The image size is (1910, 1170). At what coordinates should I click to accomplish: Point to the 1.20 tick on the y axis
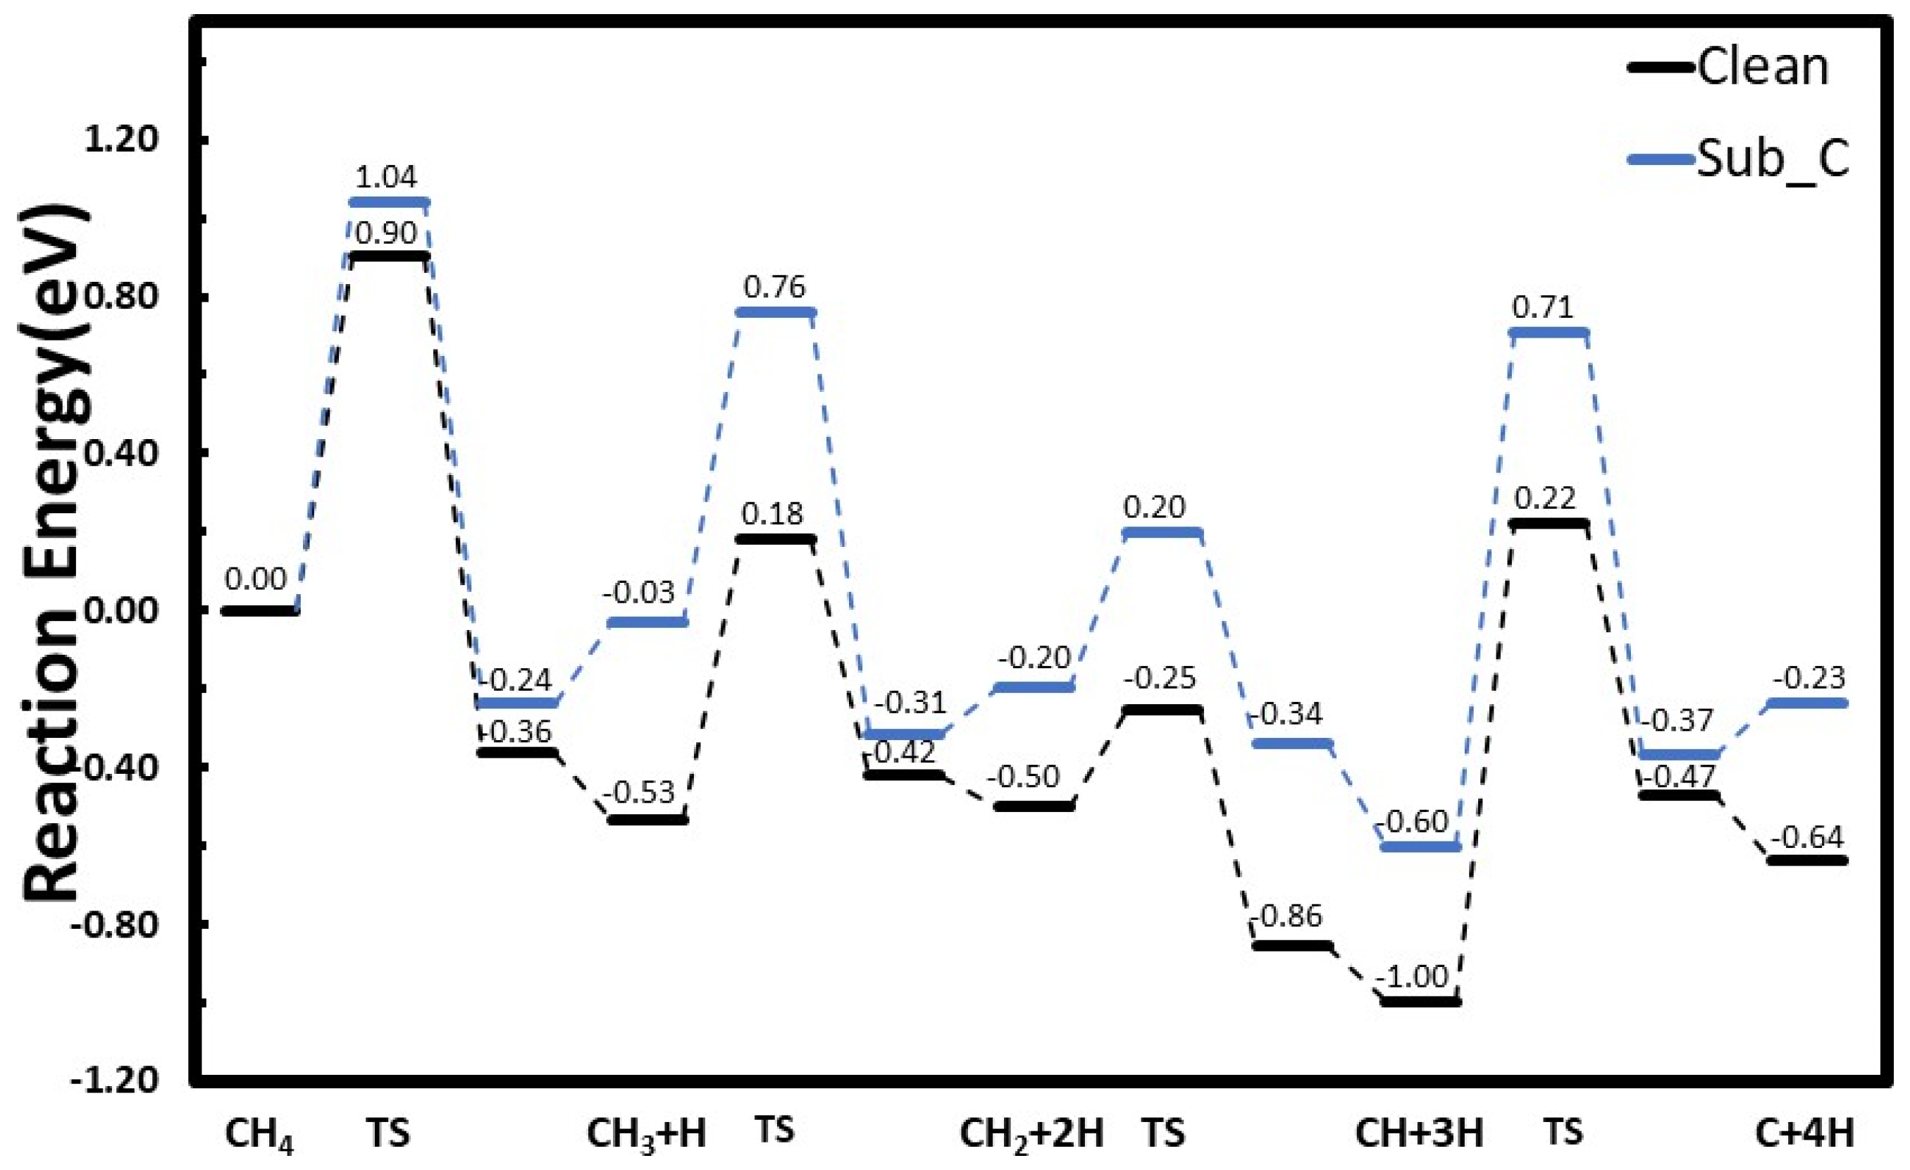coord(121,140)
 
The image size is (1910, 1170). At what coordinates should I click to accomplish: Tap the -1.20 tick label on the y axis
coord(116,1079)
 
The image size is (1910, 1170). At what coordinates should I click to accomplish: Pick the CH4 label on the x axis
coord(259,1133)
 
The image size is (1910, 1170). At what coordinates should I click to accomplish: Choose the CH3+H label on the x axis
coord(646,1133)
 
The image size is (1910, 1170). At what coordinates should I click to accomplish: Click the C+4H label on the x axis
coord(1804,1133)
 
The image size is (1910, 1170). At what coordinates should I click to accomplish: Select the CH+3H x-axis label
coord(1418,1133)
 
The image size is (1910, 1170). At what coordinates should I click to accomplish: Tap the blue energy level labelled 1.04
coord(388,202)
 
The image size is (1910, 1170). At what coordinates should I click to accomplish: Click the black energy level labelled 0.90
coord(388,256)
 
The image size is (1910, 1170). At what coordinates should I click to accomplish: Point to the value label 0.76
coord(774,287)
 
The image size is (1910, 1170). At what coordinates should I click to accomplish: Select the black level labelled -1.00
coord(1420,1002)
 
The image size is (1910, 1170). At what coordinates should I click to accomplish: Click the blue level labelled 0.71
coord(1549,333)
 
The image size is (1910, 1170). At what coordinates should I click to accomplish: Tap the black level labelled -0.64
coord(1807,861)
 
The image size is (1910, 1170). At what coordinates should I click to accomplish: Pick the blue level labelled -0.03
coord(647,622)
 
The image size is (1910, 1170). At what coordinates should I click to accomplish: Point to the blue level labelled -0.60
coord(1420,846)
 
